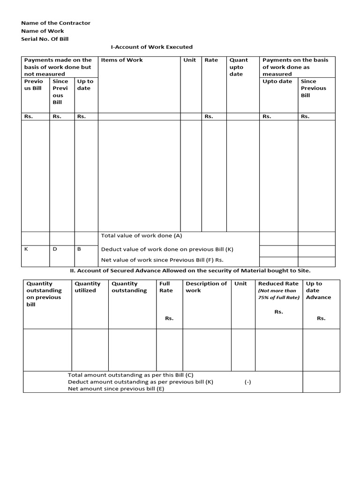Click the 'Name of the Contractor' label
coord(56,23)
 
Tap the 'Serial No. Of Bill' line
coord(45,39)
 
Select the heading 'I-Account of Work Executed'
coord(151,47)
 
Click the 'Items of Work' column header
coord(122,60)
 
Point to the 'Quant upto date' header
coord(238,67)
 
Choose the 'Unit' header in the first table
coord(190,60)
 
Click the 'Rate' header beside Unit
coord(211,60)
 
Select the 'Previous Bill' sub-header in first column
coord(33,85)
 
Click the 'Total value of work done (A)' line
coord(142,235)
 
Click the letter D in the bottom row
coord(54,249)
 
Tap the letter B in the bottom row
coord(79,249)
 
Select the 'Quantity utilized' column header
coord(88,287)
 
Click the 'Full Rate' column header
coord(165,287)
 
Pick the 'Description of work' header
coord(206,287)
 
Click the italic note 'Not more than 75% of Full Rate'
coord(278,294)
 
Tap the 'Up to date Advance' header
coord(318,290)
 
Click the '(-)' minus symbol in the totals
coord(247,382)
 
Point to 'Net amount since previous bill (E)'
coord(116,389)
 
